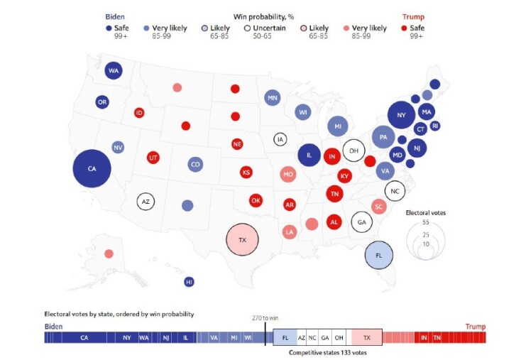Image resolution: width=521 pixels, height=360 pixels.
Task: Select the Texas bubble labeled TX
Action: (243, 239)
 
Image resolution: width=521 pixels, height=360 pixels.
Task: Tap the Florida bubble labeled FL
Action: (378, 255)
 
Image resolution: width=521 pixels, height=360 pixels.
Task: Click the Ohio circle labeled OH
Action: (353, 151)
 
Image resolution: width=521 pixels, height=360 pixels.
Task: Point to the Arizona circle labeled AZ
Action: (146, 201)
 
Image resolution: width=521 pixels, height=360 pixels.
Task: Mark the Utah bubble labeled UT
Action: (153, 158)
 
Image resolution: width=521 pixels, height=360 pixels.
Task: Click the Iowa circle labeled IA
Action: (281, 139)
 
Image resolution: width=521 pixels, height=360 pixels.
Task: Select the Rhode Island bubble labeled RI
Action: (435, 126)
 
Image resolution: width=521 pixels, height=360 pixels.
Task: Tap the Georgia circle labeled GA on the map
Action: (362, 222)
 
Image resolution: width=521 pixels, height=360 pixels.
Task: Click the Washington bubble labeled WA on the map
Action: (114, 71)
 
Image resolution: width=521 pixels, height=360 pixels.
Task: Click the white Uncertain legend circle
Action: (247, 28)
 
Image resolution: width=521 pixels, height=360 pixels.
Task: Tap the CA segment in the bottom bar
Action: (84, 337)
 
